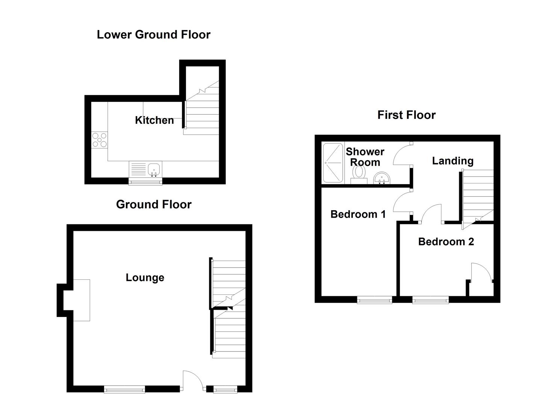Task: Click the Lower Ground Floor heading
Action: pos(153,35)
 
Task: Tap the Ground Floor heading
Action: pos(154,205)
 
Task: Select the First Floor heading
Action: pos(406,115)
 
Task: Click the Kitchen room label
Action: pos(154,120)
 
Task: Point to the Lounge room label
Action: pos(145,278)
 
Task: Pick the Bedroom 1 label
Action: pos(358,214)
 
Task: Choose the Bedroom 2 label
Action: pos(446,242)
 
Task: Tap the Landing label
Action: pos(452,161)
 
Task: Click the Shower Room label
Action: pos(365,157)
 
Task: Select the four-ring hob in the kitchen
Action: pos(99,140)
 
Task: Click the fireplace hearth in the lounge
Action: pos(81,300)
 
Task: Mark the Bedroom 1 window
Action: pos(374,300)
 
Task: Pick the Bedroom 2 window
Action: pos(430,300)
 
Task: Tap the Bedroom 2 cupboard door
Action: pos(481,273)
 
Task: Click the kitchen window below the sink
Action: pos(145,182)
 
